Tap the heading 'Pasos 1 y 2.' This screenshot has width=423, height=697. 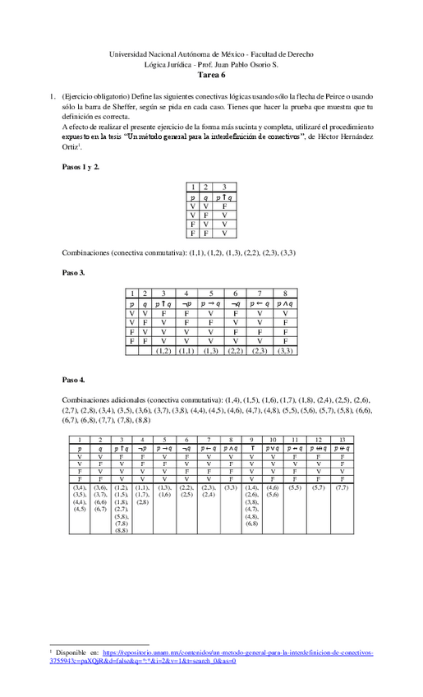[81, 167]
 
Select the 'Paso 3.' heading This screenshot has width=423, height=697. [76, 272]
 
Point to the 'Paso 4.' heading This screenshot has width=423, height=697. [76, 381]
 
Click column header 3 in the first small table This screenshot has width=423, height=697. [224, 187]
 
